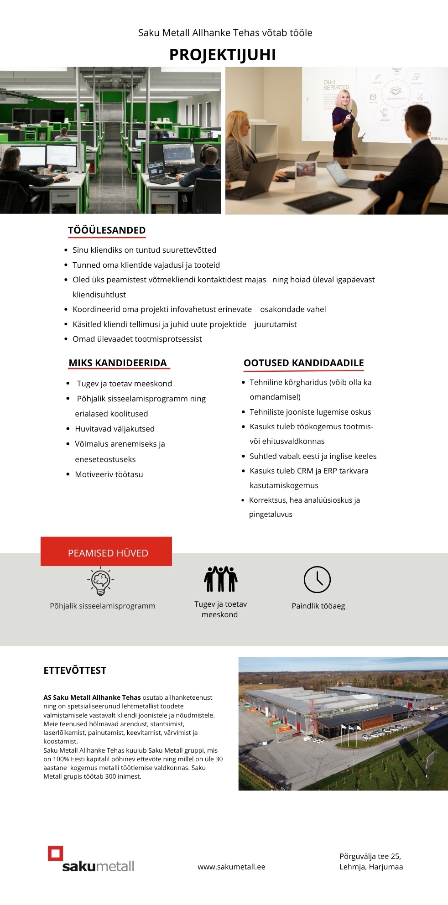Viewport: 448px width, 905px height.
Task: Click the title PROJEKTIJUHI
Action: [223, 55]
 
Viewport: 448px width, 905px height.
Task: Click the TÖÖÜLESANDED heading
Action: [107, 230]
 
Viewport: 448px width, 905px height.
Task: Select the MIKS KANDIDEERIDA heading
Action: [118, 363]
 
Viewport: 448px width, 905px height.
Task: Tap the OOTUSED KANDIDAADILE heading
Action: [303, 363]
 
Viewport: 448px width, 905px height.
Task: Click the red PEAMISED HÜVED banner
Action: [106, 552]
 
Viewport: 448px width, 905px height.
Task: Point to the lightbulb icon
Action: [101, 581]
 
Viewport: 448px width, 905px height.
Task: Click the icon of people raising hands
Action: [220, 579]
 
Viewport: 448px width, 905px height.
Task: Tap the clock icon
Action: [317, 579]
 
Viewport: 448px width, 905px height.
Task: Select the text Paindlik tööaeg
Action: [318, 606]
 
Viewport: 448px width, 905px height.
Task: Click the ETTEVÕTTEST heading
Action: [75, 671]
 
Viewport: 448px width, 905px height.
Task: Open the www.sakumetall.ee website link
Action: [231, 867]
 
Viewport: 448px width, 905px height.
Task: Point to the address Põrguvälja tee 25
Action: [370, 856]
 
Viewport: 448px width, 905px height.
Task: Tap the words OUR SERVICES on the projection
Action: [336, 84]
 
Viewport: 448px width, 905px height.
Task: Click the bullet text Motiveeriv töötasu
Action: [109, 474]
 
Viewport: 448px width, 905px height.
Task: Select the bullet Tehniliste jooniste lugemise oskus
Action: [310, 412]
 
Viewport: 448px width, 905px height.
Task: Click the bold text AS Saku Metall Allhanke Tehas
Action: [92, 697]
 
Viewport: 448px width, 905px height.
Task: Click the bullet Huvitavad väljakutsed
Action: [115, 429]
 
